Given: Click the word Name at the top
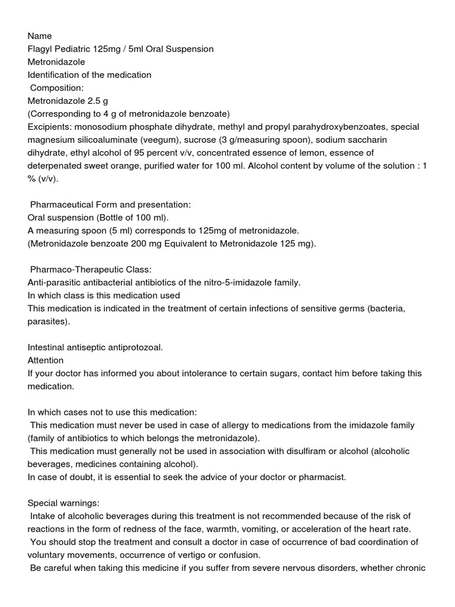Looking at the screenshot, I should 40,36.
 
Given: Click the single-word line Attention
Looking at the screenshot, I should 46,360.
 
